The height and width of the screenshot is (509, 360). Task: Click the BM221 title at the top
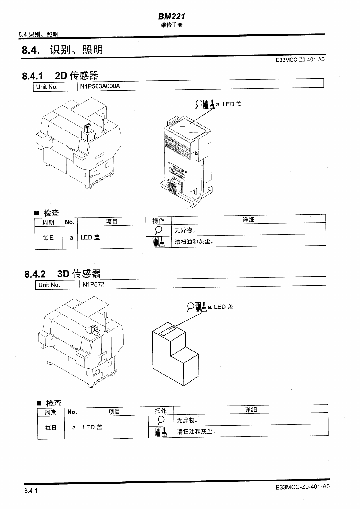point(171,16)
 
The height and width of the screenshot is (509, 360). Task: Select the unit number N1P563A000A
point(100,86)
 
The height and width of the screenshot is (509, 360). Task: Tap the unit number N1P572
point(93,284)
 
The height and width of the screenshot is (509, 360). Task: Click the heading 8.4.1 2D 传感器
point(60,75)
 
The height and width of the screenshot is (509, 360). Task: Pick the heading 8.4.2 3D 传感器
point(62,274)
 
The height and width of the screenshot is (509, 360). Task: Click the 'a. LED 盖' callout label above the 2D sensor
point(228,104)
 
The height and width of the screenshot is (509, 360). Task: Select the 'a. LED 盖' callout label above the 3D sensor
point(220,307)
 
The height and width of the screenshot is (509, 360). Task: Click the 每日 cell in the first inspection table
point(48,238)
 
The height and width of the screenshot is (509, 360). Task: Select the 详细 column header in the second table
point(250,409)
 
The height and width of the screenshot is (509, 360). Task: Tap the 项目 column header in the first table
point(111,222)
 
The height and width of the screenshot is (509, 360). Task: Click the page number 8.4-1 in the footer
point(31,491)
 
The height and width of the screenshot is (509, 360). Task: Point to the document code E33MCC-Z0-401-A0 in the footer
point(302,487)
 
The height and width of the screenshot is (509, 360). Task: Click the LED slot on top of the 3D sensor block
point(168,330)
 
